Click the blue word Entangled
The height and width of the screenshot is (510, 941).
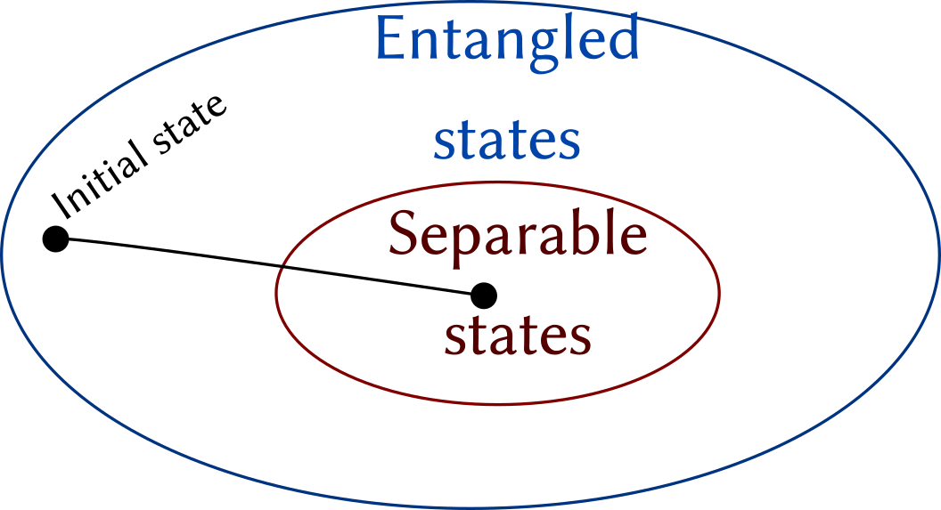click(x=507, y=40)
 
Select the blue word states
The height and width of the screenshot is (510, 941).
click(x=506, y=141)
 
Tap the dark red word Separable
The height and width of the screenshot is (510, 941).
click(x=517, y=235)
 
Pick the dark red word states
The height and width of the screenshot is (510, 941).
click(x=517, y=336)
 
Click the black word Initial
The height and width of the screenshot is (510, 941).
click(x=98, y=179)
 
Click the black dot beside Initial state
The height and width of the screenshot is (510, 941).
click(x=55, y=239)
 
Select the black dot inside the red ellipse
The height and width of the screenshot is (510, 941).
click(x=483, y=295)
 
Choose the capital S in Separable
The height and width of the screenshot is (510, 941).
click(x=403, y=235)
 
